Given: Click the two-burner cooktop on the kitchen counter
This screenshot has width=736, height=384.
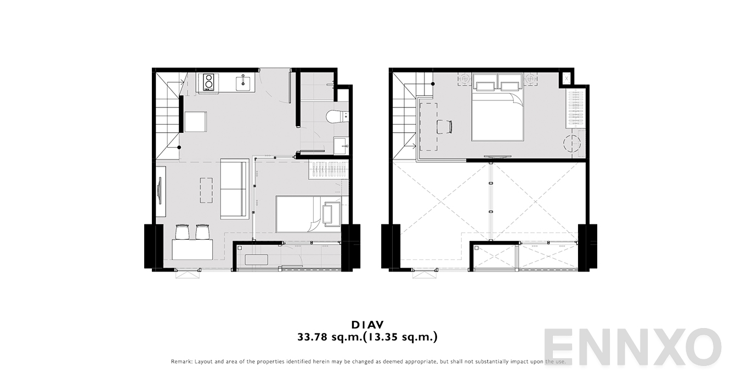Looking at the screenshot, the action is (208, 82).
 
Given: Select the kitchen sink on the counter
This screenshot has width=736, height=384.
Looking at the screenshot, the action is (243, 82).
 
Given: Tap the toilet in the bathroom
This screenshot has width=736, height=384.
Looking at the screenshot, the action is (337, 117).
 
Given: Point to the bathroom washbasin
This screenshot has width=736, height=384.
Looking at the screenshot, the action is (341, 145).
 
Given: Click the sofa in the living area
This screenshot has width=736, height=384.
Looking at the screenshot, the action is (235, 189).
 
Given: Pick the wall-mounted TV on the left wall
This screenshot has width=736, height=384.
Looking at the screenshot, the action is (160, 191).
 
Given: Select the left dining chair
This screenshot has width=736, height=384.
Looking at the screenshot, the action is (183, 232).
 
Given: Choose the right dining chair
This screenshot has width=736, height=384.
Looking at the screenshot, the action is (202, 232).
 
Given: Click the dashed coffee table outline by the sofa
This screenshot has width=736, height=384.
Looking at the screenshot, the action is (206, 190).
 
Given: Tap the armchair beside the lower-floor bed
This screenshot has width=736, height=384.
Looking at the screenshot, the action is (331, 213).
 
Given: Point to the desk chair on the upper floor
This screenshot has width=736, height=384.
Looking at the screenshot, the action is (445, 127).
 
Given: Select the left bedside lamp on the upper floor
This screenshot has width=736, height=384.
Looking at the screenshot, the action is (465, 79).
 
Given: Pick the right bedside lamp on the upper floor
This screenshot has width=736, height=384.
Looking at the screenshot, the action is (530, 79).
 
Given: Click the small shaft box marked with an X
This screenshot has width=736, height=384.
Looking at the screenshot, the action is (567, 78).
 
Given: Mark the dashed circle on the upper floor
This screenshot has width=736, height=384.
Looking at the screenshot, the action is (572, 144).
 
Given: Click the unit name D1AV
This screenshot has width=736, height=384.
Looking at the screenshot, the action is (367, 325).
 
